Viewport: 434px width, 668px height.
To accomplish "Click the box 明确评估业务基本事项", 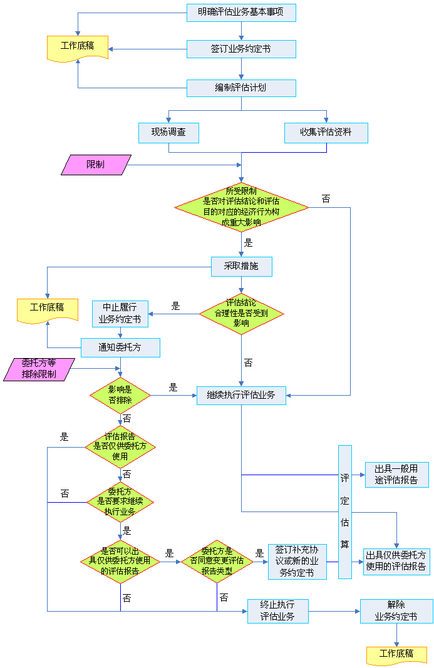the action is point(241,13).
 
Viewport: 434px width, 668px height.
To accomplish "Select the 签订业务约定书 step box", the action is point(241,49).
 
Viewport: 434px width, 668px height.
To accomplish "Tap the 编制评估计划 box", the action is point(241,88).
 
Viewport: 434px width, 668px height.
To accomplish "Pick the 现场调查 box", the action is point(168,133).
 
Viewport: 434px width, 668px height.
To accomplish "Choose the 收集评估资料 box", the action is point(326,133).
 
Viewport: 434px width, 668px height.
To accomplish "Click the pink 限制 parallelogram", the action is point(96,165).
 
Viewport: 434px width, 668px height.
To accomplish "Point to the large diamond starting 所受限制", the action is point(241,207).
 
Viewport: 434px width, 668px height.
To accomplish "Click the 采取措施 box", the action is point(241,267).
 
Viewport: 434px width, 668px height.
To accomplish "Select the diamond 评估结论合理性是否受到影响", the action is point(241,314).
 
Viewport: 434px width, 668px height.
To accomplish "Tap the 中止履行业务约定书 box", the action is point(120,314).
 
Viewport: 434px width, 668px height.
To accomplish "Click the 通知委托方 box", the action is point(120,347).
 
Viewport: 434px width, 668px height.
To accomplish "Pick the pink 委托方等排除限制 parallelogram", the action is point(39,369).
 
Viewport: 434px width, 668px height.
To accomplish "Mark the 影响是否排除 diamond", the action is point(120,395).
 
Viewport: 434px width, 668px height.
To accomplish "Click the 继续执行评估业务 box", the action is point(241,395).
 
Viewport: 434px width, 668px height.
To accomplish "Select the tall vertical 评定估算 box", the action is point(345,512).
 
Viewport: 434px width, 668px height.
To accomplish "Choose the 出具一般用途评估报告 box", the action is point(396,475).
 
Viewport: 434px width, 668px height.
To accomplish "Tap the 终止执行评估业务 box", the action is point(277,611).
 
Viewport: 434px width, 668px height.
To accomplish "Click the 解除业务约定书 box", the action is point(396,611).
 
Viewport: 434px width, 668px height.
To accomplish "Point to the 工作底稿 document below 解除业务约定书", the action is point(396,655).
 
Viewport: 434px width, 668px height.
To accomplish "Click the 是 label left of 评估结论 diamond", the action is point(175,306).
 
